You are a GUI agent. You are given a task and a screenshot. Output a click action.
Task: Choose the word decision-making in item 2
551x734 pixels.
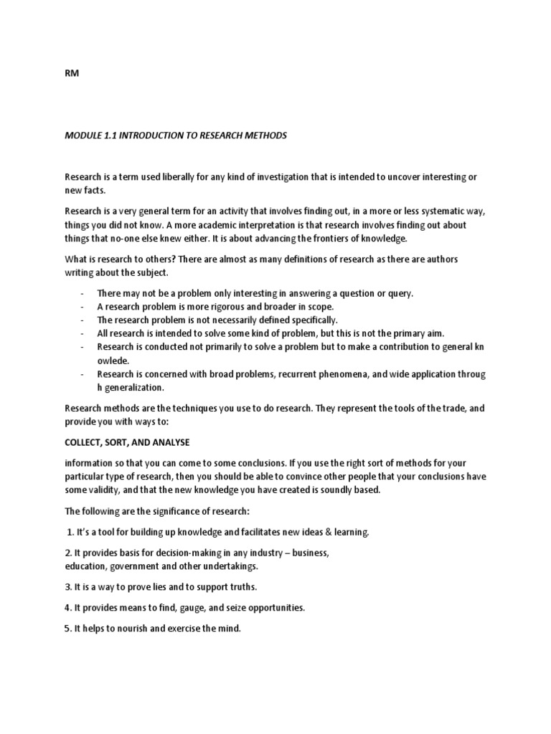pos(164,553)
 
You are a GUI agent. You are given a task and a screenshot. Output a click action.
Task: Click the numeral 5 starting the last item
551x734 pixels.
pos(68,628)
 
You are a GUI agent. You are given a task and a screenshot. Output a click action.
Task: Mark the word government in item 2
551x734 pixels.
pos(141,566)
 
